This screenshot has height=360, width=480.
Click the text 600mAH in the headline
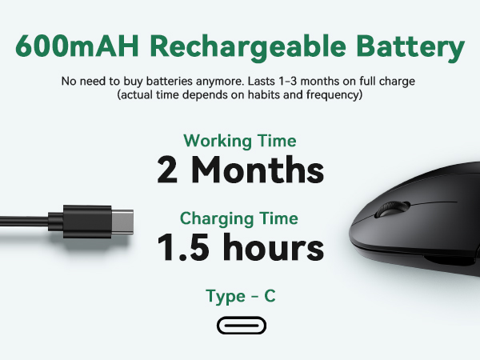[77, 46]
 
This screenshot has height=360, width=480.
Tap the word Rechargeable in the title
[248, 47]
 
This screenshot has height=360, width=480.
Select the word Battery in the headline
[411, 47]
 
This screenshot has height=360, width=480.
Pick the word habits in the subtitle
[263, 94]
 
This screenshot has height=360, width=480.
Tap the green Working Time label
[240, 141]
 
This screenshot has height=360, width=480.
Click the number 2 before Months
[167, 170]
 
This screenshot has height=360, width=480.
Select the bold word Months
[258, 170]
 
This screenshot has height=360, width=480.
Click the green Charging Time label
[239, 218]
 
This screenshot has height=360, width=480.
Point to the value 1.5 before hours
[183, 246]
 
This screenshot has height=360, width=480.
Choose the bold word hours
[274, 246]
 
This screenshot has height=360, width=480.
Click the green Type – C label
[241, 296]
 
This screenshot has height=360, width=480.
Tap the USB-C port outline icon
[242, 325]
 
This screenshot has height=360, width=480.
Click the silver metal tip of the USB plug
[122, 222]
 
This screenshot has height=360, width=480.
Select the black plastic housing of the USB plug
[80, 222]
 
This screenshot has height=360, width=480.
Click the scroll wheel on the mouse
[392, 209]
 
